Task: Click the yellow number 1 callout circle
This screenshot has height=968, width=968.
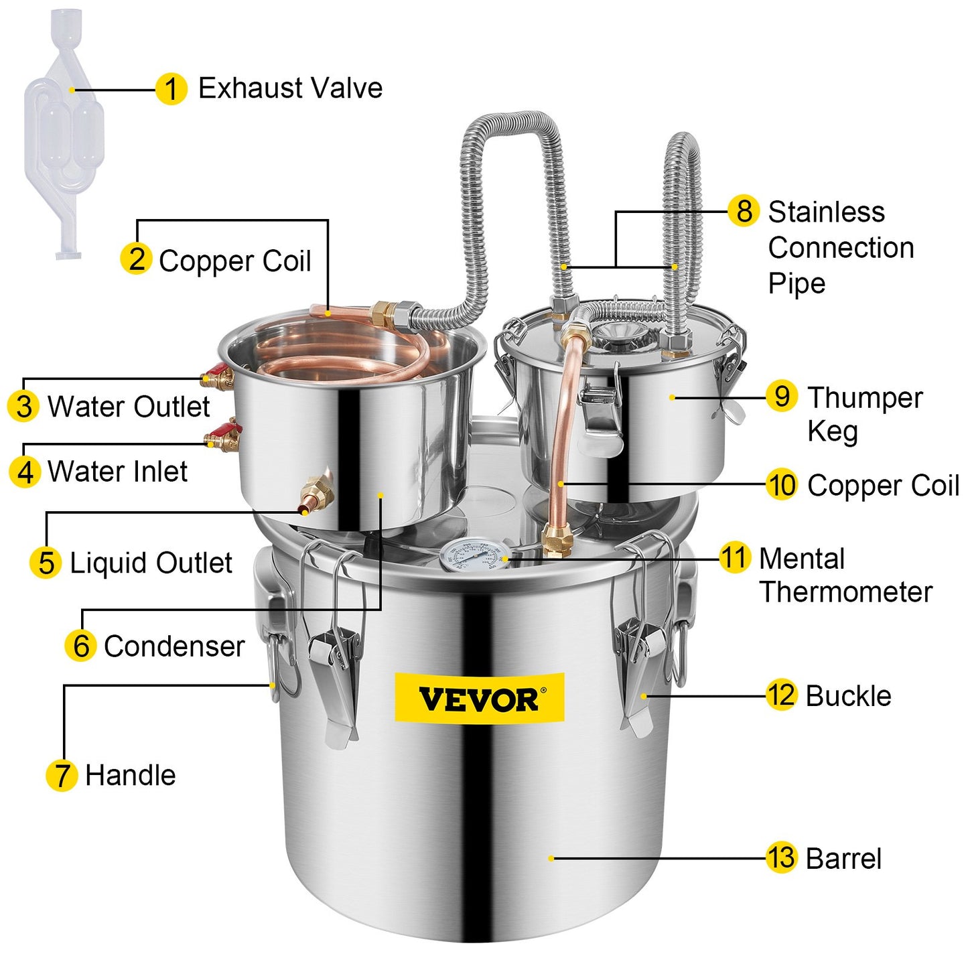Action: (x=171, y=89)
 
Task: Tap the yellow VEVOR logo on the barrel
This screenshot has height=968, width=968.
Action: (x=479, y=699)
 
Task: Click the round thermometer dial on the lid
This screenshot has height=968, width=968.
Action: (x=473, y=555)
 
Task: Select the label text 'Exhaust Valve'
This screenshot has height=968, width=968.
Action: (x=290, y=88)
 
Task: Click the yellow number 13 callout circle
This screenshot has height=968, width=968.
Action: (x=781, y=857)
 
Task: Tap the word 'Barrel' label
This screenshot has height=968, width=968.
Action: (x=843, y=859)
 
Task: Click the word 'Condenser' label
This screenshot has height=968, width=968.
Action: (x=174, y=646)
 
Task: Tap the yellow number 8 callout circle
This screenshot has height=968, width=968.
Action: (x=744, y=211)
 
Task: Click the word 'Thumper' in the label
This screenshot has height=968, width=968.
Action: (x=865, y=397)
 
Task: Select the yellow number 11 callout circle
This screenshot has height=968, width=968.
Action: (x=734, y=558)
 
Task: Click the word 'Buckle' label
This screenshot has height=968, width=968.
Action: (x=848, y=696)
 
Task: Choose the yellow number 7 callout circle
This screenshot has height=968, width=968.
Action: (x=62, y=775)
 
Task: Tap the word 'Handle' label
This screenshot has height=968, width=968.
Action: (x=131, y=775)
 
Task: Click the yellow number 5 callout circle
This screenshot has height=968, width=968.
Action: (x=46, y=563)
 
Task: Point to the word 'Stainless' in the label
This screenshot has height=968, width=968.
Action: (x=826, y=212)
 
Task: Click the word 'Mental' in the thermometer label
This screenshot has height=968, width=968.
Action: (x=802, y=558)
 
